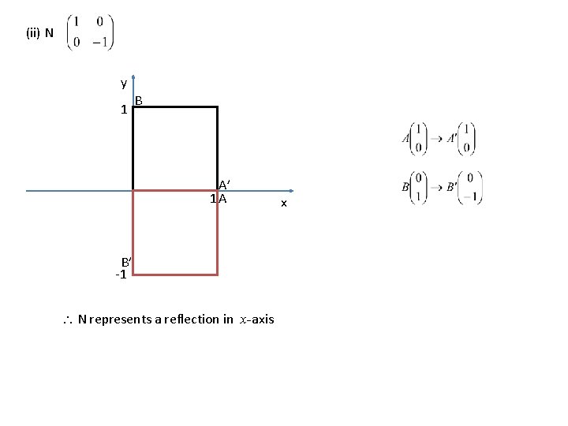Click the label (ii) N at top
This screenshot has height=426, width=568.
39,33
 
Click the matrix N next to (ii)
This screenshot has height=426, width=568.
89,33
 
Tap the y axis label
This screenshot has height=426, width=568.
123,83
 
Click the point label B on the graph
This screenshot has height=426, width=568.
139,101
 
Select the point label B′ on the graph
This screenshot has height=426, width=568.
125,263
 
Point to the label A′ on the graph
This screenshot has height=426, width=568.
224,185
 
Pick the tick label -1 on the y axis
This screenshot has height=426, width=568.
121,275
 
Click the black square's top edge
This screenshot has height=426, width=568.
175,106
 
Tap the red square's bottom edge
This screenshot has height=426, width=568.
175,275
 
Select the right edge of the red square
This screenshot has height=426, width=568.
217,233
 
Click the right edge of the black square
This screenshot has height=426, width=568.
217,148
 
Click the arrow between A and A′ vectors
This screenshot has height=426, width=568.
435,139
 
